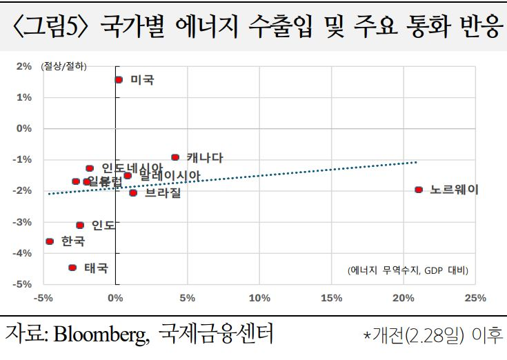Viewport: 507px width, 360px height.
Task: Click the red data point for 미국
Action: tap(119, 80)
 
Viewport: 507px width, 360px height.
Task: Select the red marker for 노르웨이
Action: tap(419, 190)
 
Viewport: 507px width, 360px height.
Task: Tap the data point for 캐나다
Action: tap(175, 158)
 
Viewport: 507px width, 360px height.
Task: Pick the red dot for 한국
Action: tap(50, 241)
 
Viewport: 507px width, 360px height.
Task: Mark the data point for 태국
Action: tap(72, 268)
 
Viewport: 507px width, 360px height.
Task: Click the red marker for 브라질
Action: tap(133, 193)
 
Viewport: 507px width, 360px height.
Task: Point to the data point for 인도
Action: tap(80, 226)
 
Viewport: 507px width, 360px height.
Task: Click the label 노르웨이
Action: tap(454, 190)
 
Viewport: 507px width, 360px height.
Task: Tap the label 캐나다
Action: tap(205, 158)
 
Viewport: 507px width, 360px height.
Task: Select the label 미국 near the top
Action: tap(142, 80)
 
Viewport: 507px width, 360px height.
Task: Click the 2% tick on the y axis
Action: tap(24, 67)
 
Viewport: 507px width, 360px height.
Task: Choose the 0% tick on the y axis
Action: tap(24, 129)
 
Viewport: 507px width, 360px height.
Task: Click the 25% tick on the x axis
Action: tap(475, 298)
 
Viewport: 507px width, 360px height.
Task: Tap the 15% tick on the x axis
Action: tap(331, 298)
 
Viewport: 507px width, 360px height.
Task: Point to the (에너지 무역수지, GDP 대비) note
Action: tap(408, 270)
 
